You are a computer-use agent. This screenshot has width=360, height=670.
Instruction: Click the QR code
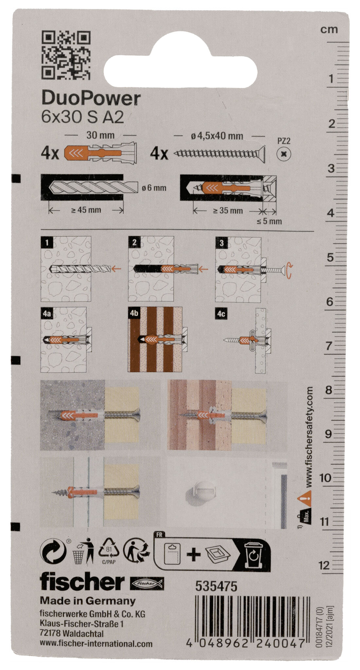point(66,55)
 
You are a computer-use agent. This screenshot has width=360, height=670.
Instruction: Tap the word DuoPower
point(91,98)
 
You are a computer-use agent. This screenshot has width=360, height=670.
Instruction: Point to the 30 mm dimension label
point(100,135)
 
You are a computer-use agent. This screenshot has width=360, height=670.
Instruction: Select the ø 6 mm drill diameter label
point(154,188)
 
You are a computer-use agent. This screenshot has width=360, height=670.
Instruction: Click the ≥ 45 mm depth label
point(86,210)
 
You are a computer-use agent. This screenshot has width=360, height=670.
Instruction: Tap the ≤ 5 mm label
point(269,221)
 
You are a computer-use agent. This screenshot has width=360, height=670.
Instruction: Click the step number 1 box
point(47,243)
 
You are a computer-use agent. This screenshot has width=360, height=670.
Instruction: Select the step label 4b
point(134,313)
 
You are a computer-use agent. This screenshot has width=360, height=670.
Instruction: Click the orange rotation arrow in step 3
point(288,270)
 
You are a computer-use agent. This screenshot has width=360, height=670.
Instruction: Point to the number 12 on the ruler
point(325,565)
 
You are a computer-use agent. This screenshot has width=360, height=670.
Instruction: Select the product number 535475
point(216,587)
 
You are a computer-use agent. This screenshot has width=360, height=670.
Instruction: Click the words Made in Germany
point(88,601)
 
